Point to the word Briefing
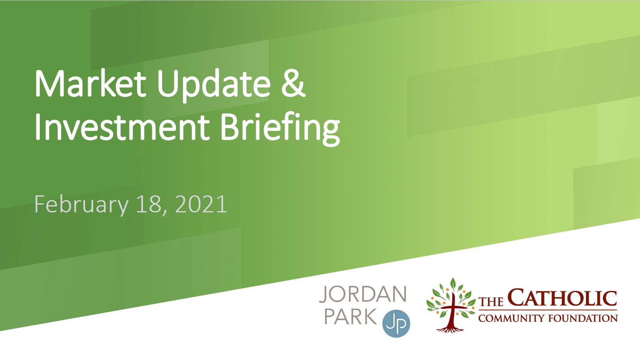click(x=280, y=129)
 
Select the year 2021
click(x=201, y=204)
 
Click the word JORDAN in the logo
click(x=363, y=294)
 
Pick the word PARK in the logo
click(x=350, y=316)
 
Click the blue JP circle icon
click(x=396, y=324)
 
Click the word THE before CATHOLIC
click(x=491, y=302)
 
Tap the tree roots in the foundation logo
click(x=450, y=330)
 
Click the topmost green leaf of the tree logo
click(x=453, y=283)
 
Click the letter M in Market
click(x=50, y=84)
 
